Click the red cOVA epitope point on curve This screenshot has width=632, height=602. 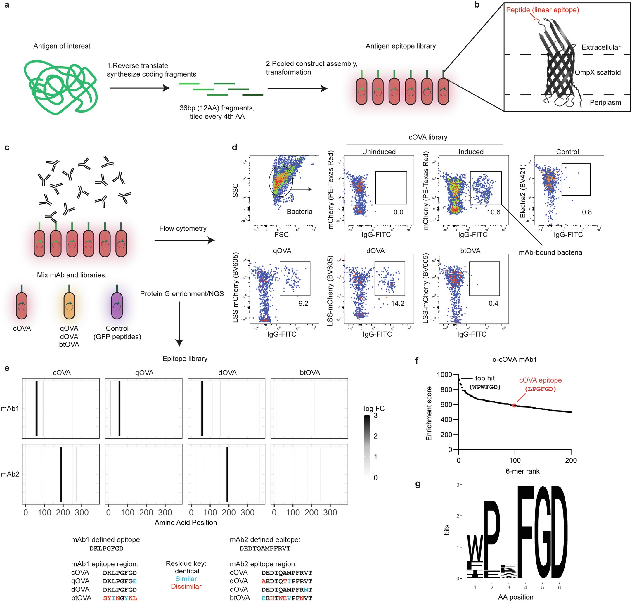[x=514, y=406]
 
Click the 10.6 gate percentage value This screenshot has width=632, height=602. [x=494, y=212]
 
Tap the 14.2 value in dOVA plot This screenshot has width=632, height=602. [x=397, y=303]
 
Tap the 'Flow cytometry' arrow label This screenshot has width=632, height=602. [x=183, y=228]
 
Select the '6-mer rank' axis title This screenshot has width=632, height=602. [x=522, y=471]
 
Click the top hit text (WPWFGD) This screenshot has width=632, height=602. [x=485, y=387]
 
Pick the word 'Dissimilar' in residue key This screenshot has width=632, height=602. [x=186, y=586]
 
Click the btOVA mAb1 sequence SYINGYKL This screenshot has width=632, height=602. [x=120, y=598]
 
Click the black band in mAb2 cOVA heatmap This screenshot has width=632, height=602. [x=61, y=474]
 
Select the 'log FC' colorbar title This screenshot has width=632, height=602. [x=374, y=409]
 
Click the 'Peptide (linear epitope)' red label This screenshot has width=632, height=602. [x=542, y=10]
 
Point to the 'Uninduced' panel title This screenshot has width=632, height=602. [x=379, y=152]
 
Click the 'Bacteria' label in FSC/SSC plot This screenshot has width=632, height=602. [x=299, y=212]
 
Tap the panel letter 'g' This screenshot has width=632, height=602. [x=418, y=484]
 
